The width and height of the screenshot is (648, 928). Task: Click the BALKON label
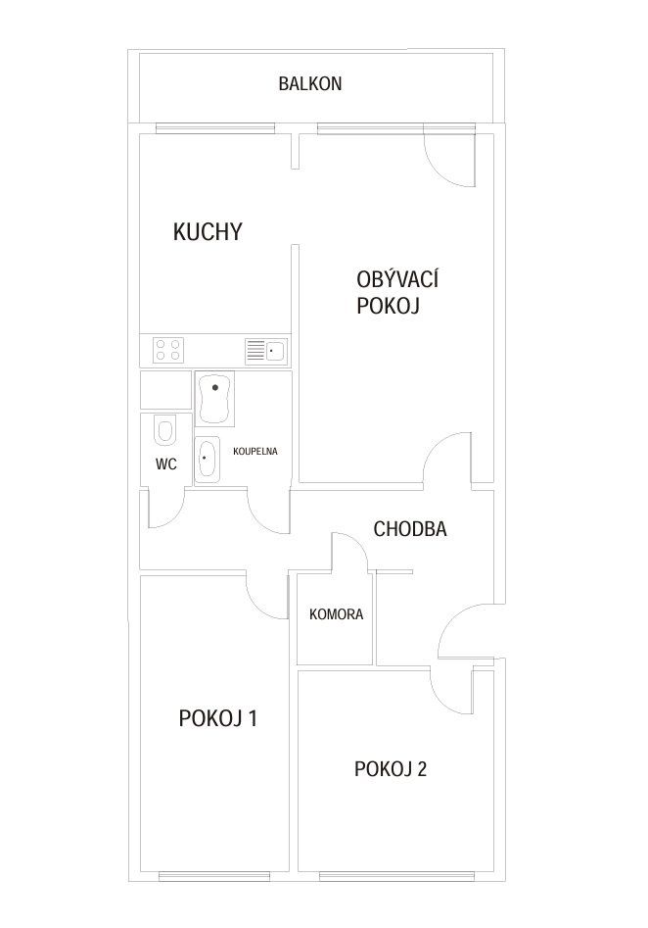(310, 83)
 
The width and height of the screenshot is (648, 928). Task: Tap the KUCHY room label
(208, 231)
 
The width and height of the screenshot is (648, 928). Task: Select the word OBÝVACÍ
(397, 278)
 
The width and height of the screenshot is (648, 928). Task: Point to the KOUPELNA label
(255, 451)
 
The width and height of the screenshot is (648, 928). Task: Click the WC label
(166, 464)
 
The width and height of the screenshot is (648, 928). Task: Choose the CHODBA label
(410, 528)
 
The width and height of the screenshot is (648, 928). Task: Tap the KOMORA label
(336, 614)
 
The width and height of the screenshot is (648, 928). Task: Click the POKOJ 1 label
(217, 718)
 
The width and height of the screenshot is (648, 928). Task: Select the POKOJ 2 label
(391, 769)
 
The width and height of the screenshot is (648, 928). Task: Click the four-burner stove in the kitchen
(168, 350)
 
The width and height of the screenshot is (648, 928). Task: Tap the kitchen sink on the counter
(265, 352)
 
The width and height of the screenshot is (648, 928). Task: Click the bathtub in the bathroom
(214, 398)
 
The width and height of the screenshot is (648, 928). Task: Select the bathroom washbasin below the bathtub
(207, 460)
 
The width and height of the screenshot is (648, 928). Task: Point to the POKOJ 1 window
(214, 876)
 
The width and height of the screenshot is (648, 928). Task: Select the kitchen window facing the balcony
(215, 126)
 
